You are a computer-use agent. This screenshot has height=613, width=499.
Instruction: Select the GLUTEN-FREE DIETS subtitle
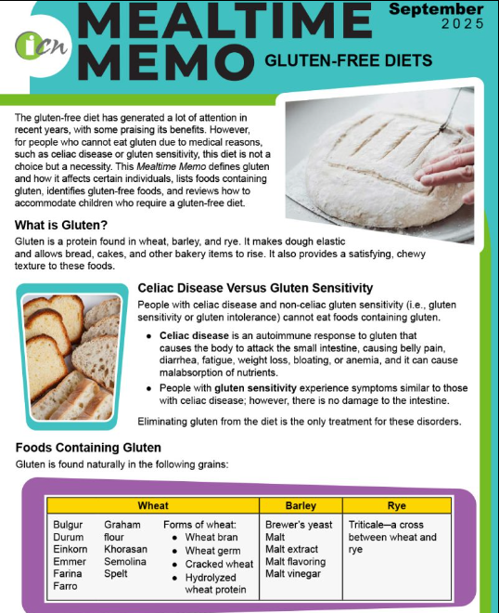(x=348, y=61)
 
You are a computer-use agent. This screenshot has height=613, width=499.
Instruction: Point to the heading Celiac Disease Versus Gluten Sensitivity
(x=255, y=288)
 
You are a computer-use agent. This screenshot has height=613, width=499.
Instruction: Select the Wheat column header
(x=153, y=505)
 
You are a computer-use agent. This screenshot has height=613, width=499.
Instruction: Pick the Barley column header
(x=301, y=505)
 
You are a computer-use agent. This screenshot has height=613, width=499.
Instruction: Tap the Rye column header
(x=396, y=505)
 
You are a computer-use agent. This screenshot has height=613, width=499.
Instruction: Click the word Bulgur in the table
(x=68, y=525)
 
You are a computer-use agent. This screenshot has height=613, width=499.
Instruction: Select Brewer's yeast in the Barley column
(x=299, y=525)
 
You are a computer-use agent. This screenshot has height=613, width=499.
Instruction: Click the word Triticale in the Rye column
(x=371, y=525)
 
